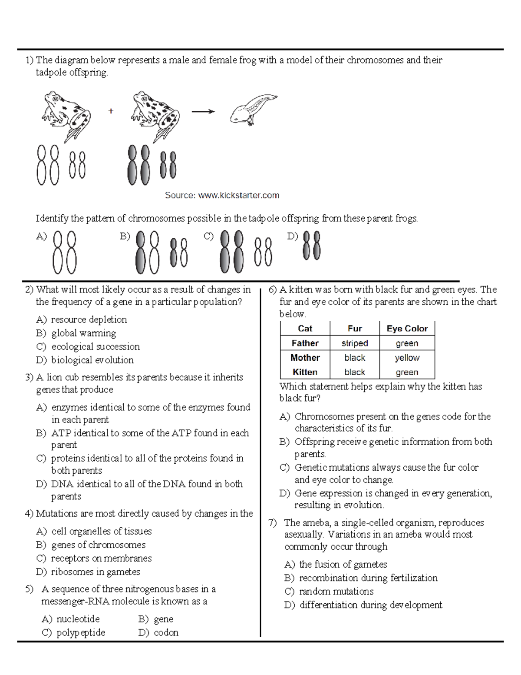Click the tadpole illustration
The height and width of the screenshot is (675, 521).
(x=253, y=110)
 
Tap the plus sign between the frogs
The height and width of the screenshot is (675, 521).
(x=111, y=111)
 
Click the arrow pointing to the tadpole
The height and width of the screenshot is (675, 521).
(x=203, y=112)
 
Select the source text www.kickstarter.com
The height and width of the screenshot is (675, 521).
(x=222, y=196)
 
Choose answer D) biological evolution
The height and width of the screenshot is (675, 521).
(x=85, y=360)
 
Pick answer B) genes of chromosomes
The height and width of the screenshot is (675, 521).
(x=91, y=545)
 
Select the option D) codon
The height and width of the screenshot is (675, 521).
(x=158, y=632)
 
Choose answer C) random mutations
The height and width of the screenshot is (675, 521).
(x=329, y=591)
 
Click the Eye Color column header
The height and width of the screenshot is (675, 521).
(x=407, y=329)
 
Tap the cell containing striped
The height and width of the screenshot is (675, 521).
(x=354, y=343)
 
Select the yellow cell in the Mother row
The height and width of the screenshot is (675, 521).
(x=407, y=358)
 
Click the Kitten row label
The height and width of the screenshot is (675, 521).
(x=305, y=372)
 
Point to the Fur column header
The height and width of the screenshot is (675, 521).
(x=354, y=329)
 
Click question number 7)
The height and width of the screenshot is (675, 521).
(x=272, y=523)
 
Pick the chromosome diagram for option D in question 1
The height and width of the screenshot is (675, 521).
(x=312, y=246)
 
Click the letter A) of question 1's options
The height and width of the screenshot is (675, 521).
(x=41, y=236)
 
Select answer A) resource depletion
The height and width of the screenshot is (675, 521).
(x=82, y=319)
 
